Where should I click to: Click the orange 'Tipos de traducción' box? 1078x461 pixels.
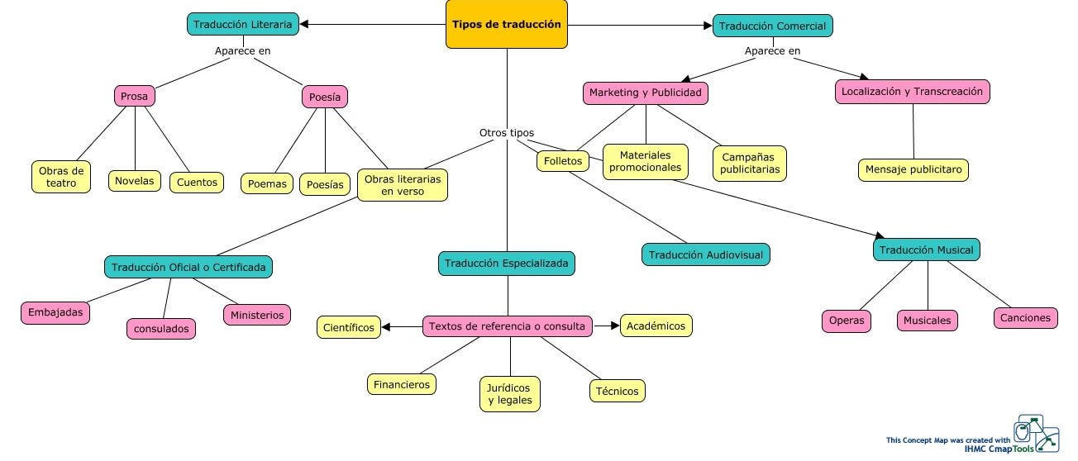tap(507, 24)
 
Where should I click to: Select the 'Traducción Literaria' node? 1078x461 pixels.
tap(242, 25)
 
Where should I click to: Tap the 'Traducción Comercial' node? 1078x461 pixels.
tap(772, 26)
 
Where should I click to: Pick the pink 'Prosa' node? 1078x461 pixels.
tap(134, 97)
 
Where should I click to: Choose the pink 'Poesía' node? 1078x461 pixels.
tap(325, 97)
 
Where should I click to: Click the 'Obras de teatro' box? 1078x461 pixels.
tap(61, 177)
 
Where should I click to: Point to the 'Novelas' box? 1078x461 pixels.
tap(134, 180)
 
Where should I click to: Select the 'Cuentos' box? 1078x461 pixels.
tap(197, 182)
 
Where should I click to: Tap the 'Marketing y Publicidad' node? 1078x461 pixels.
tap(645, 93)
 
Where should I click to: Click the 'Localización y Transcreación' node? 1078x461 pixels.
tap(912, 92)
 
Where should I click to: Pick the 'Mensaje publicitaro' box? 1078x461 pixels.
tap(913, 169)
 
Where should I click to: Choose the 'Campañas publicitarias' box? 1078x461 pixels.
tap(750, 163)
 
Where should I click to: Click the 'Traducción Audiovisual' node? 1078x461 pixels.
tap(706, 254)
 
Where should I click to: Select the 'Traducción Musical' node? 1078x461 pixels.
tap(926, 250)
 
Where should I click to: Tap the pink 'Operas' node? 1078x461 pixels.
tap(847, 321)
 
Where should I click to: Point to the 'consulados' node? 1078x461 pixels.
tap(162, 328)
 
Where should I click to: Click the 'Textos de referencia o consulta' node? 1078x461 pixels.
tap(507, 326)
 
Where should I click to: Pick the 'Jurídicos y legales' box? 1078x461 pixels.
tap(510, 394)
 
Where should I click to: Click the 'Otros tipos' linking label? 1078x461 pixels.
tap(507, 132)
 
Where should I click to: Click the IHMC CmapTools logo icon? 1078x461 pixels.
tap(1037, 433)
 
